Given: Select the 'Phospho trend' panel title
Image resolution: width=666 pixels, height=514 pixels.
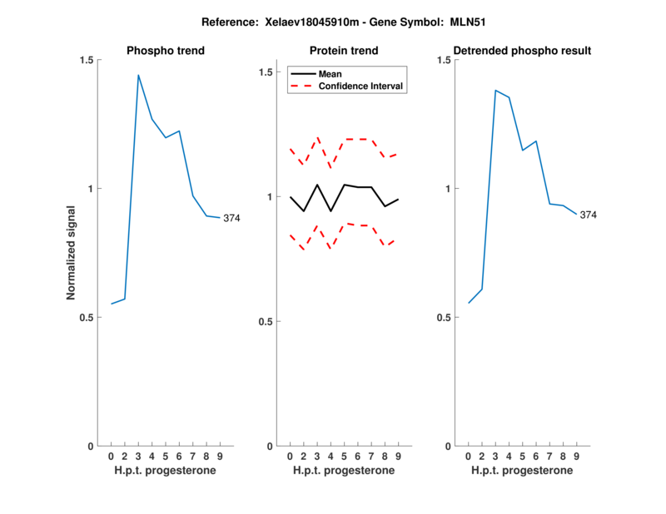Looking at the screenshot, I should click(166, 51).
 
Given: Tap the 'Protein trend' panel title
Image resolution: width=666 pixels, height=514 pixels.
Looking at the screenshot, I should click(344, 51).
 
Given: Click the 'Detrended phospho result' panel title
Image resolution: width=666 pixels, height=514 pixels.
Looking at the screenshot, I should click(522, 51).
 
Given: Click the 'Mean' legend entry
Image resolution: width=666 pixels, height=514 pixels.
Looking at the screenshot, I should click(331, 74).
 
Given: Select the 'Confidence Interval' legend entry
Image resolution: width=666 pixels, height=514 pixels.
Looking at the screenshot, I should click(361, 86).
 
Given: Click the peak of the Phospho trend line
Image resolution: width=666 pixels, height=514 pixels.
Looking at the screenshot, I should click(138, 75).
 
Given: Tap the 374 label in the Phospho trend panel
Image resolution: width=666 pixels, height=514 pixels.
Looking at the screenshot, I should click(231, 218).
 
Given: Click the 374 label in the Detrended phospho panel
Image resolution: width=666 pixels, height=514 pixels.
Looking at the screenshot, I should click(589, 215).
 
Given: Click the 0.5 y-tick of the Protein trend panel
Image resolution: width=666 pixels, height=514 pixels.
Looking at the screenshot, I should click(265, 322).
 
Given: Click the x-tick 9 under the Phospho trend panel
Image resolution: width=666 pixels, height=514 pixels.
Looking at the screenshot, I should click(220, 457).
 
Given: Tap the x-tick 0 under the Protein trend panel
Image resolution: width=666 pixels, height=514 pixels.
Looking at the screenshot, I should click(290, 457).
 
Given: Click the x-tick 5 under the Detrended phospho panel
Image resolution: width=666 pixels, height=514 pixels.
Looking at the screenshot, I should click(522, 457).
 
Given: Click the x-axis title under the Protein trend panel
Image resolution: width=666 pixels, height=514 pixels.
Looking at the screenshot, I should click(344, 471).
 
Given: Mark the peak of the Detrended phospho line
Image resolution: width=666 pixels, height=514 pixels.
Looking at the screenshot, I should click(495, 90).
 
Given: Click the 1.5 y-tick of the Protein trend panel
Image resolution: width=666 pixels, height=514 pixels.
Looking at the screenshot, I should click(265, 72).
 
